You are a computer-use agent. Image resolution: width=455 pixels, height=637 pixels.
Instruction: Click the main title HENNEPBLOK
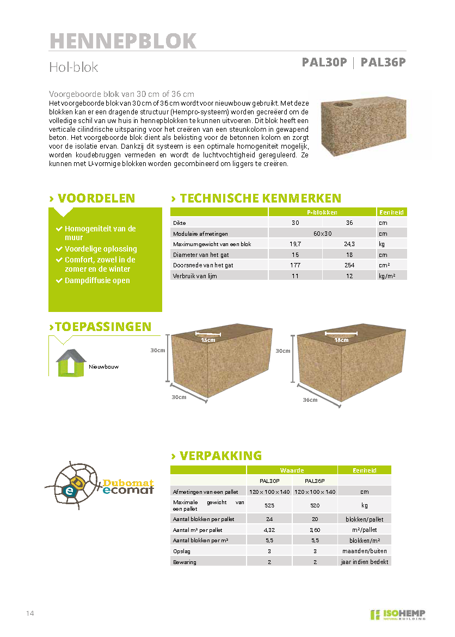(x=122, y=41)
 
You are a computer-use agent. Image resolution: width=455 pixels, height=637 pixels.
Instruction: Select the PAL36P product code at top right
(x=383, y=62)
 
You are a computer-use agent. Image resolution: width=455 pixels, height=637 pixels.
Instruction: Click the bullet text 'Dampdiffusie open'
(x=97, y=280)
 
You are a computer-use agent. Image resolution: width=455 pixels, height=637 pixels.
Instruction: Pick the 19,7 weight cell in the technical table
(x=295, y=244)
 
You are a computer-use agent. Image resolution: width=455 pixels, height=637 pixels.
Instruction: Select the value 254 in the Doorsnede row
(x=349, y=265)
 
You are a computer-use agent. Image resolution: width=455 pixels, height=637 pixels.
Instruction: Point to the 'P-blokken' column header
(x=322, y=212)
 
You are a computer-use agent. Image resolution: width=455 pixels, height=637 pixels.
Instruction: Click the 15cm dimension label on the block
(x=207, y=340)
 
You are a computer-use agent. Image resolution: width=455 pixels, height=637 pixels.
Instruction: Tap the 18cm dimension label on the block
(x=341, y=340)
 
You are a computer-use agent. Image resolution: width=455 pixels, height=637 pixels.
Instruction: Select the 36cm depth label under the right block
(x=310, y=400)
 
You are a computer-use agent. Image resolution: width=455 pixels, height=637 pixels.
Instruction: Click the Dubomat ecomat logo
(x=100, y=481)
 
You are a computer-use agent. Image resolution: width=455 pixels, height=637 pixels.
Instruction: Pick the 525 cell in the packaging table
(x=269, y=505)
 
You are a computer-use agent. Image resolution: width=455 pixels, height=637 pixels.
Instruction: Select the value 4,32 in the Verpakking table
(x=269, y=529)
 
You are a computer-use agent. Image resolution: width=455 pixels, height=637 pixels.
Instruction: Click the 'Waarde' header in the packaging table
(x=292, y=470)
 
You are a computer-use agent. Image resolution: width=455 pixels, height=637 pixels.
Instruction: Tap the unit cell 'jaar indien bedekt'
(x=364, y=561)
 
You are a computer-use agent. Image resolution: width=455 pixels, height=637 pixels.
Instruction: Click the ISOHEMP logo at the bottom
(x=398, y=615)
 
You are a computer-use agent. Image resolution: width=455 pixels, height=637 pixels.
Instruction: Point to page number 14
(x=30, y=614)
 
